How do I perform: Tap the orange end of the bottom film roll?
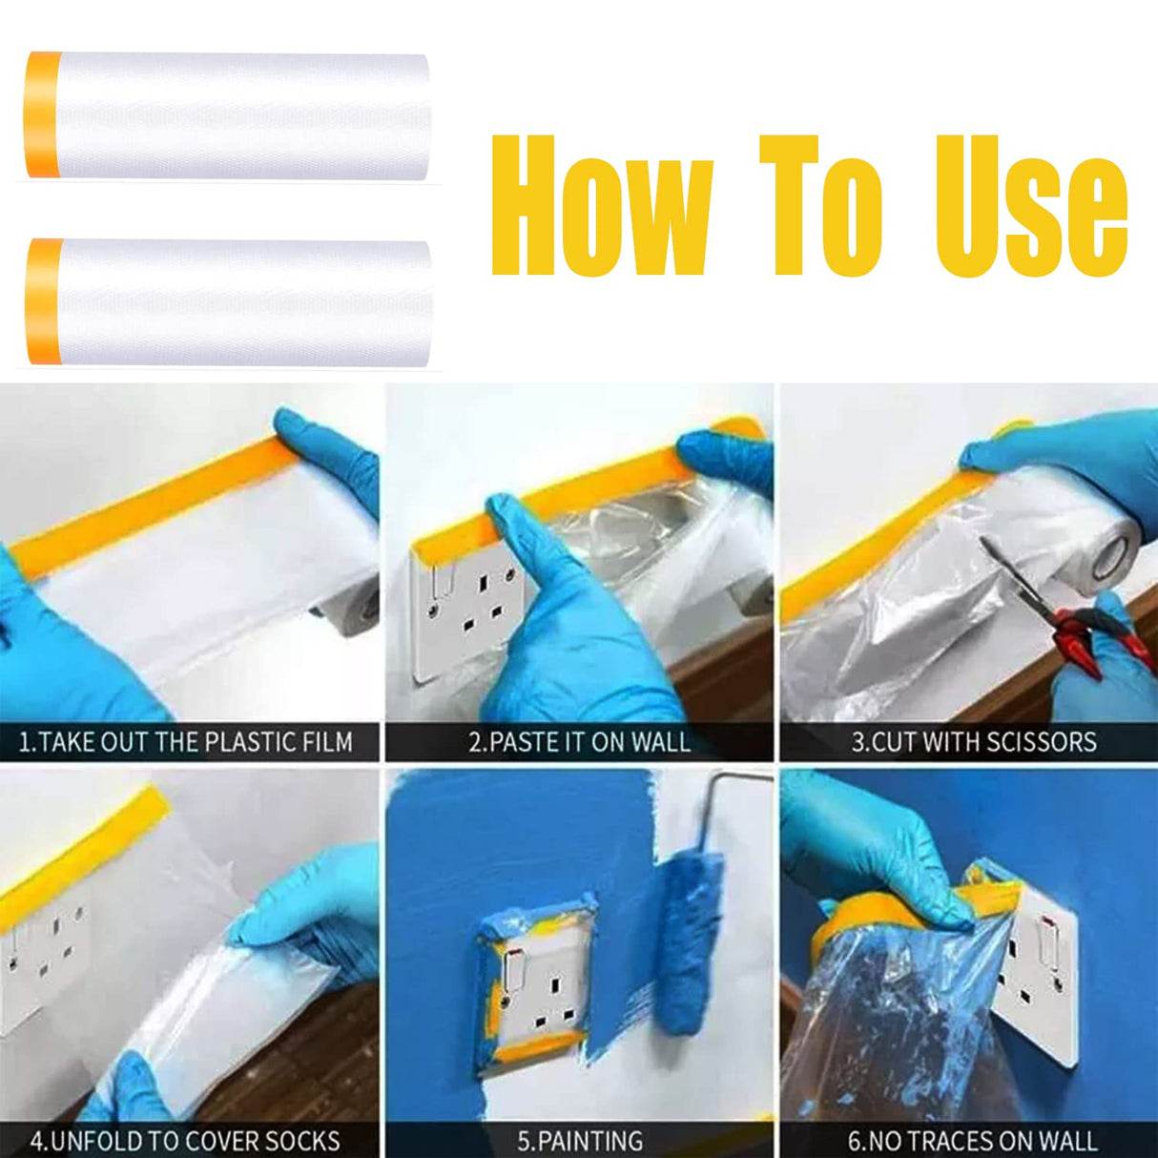[44, 300]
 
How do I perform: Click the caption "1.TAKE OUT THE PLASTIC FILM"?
[186, 742]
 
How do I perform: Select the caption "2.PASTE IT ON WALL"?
[579, 742]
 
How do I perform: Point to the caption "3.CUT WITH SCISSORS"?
[974, 742]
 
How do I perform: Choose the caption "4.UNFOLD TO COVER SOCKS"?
[185, 1141]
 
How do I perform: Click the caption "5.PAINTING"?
[580, 1141]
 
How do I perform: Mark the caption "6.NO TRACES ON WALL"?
[973, 1141]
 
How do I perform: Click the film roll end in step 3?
[1112, 558]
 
